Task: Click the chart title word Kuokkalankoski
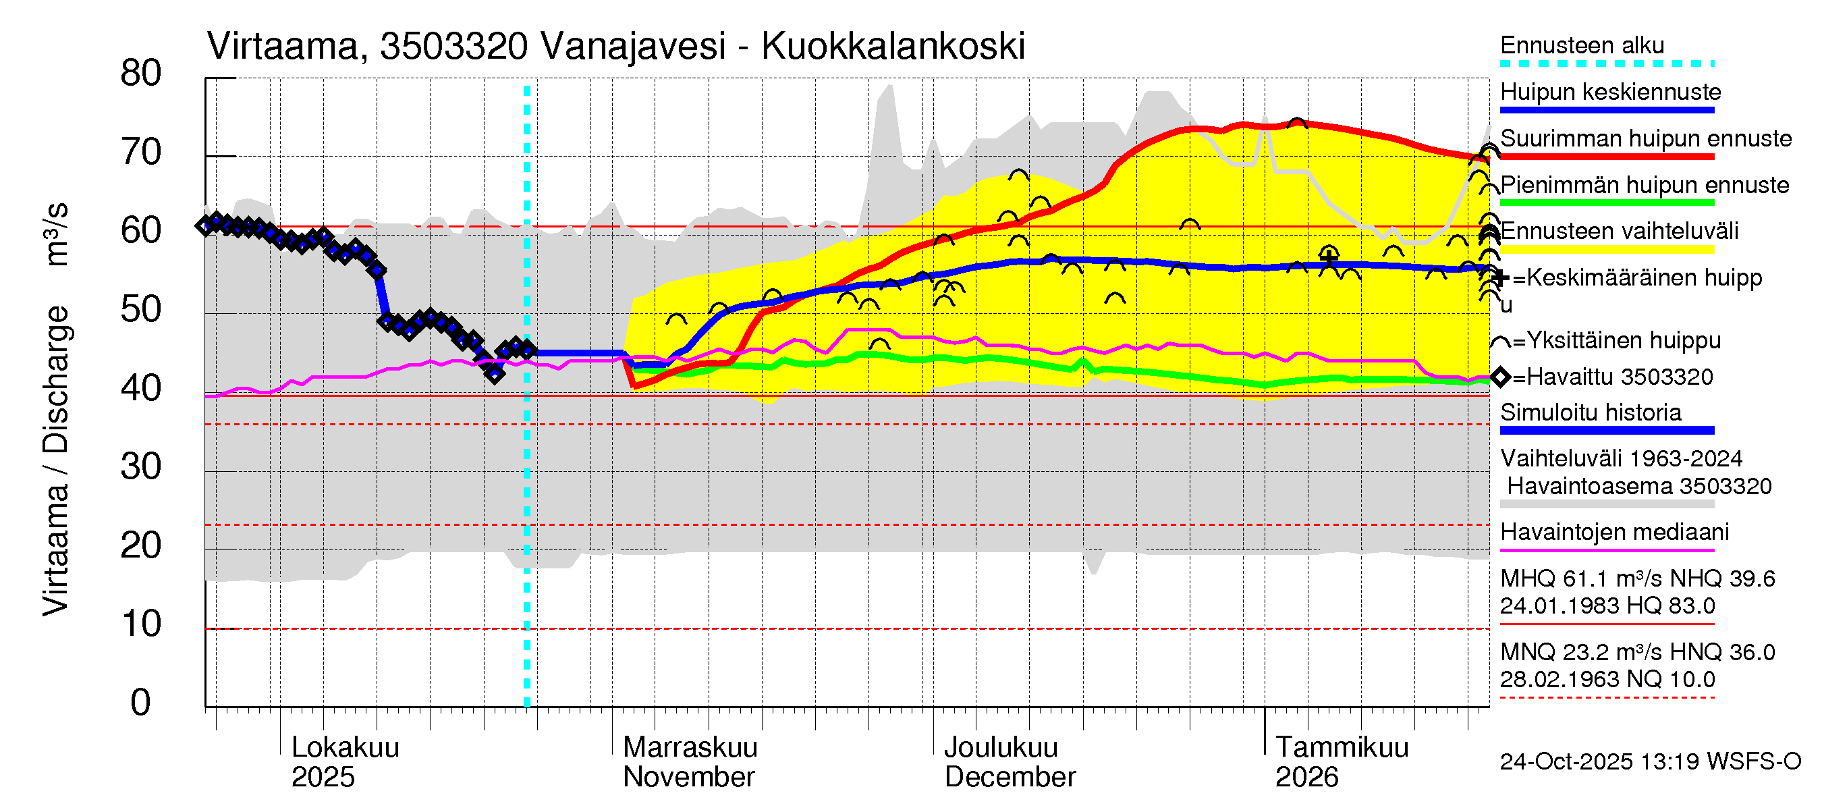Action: click(x=893, y=47)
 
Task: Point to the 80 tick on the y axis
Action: click(x=141, y=74)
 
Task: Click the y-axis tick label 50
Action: click(x=141, y=310)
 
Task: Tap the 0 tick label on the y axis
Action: click(x=141, y=703)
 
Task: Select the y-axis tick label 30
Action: click(x=141, y=467)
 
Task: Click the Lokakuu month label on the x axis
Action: click(x=345, y=747)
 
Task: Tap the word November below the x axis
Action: click(x=688, y=778)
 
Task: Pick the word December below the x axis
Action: click(x=1010, y=778)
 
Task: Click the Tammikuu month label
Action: click(x=1341, y=747)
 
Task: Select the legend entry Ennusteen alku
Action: click(x=1582, y=45)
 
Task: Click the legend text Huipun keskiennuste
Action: click(x=1610, y=92)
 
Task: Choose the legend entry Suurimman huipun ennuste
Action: click(x=1645, y=138)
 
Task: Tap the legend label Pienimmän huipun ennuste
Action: click(x=1644, y=185)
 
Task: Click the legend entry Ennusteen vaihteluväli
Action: click(x=1618, y=231)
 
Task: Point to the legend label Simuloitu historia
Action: click(x=1590, y=412)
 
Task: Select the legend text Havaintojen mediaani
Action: click(x=1614, y=532)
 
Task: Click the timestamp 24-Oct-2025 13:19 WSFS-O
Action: click(x=1649, y=761)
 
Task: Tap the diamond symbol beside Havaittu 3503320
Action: click(x=1500, y=377)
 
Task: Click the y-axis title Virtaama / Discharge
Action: click(x=57, y=460)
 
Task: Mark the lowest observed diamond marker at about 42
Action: click(x=495, y=374)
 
